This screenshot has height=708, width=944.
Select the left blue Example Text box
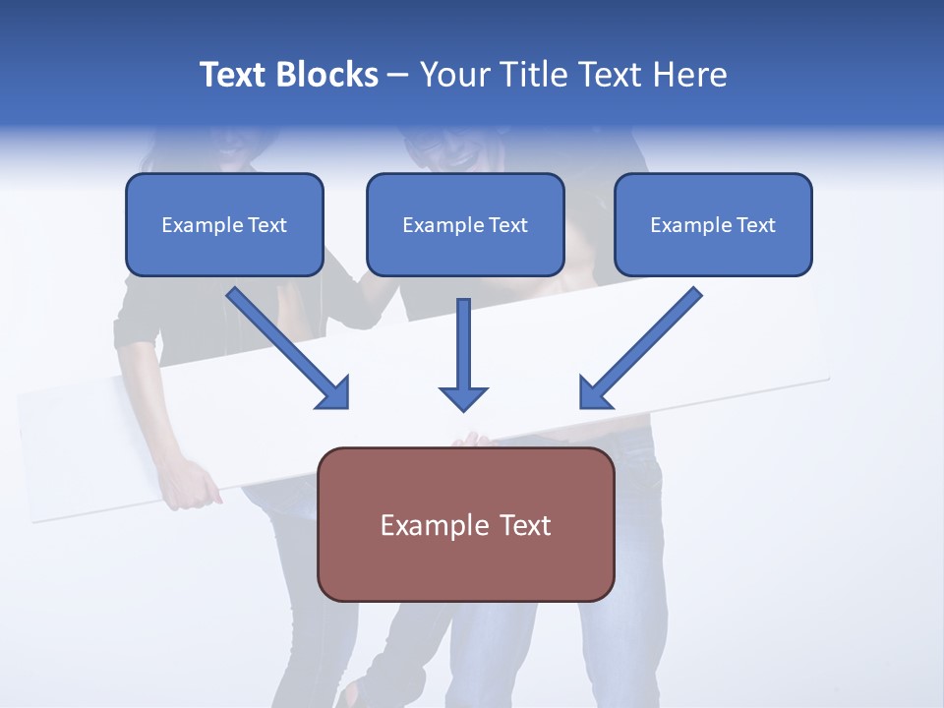[x=224, y=224]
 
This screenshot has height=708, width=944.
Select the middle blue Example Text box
[x=465, y=224]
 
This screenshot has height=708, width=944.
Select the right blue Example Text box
[x=713, y=224]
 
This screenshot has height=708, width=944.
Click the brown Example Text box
[x=465, y=524]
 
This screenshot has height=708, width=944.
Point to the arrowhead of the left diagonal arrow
[x=334, y=393]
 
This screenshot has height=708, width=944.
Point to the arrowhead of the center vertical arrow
[x=463, y=398]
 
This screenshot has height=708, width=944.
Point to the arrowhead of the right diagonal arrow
[x=594, y=393]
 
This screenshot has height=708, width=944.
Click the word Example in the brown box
[x=425, y=525]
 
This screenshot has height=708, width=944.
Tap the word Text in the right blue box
[x=755, y=225]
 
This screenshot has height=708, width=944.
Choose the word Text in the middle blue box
[x=507, y=225]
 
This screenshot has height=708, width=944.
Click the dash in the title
[x=398, y=76]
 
